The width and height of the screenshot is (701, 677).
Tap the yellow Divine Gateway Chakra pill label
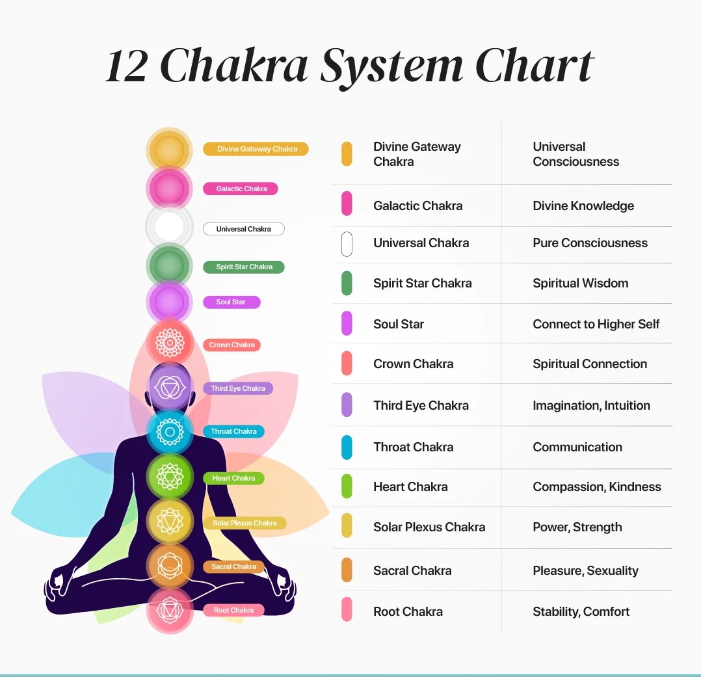tap(256, 149)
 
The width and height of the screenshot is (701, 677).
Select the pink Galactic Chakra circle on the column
tap(169, 189)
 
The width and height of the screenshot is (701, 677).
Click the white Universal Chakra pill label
tap(243, 229)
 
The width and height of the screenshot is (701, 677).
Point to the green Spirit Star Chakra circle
tap(169, 265)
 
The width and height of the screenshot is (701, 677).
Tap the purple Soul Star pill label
tap(231, 302)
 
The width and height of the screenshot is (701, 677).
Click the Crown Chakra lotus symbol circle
tap(170, 342)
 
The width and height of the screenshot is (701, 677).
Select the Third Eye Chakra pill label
tap(237, 388)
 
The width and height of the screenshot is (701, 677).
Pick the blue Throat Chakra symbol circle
tap(170, 431)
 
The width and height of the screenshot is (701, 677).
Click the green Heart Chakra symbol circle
tap(170, 477)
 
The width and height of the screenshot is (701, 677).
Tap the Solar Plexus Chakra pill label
tap(245, 523)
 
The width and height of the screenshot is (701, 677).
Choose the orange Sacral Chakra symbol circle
tap(170, 564)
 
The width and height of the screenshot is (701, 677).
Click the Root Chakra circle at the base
tap(170, 610)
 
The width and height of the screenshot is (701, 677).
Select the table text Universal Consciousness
tap(575, 154)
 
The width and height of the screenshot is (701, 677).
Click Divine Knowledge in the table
tap(583, 206)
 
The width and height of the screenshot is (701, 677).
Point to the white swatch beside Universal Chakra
tap(347, 243)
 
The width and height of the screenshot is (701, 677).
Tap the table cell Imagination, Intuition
tap(591, 405)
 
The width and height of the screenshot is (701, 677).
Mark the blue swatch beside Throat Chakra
tap(347, 447)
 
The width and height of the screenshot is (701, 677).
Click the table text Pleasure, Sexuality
tap(585, 570)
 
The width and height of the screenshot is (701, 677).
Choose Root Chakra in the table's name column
tap(408, 611)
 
